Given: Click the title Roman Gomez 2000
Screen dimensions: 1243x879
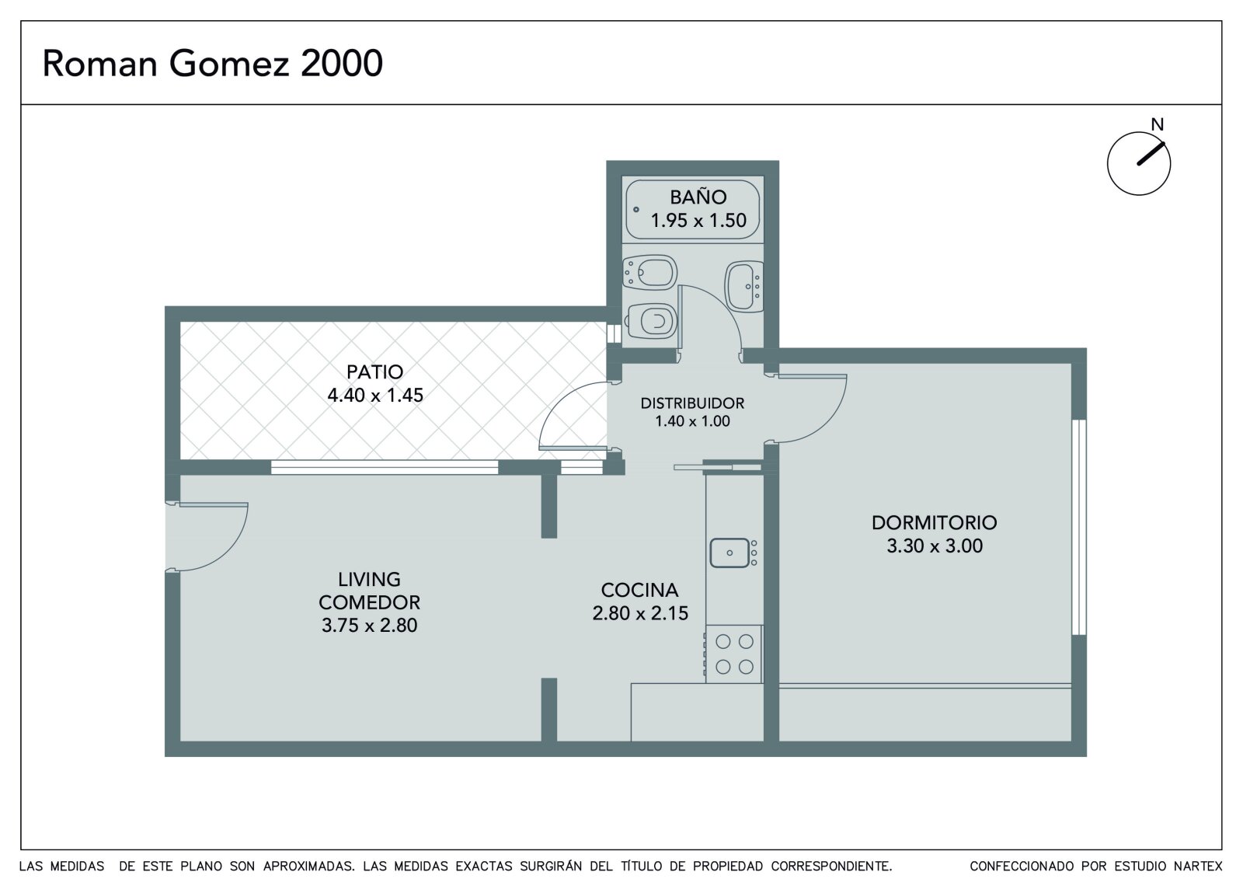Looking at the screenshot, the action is [213, 63].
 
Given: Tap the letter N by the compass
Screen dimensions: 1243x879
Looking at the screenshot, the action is [1157, 125].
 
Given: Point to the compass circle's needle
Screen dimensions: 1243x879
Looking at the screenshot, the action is [1151, 154].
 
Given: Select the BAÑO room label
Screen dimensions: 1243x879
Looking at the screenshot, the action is [698, 197].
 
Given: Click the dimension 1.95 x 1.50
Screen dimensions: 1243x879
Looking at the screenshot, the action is [698, 221].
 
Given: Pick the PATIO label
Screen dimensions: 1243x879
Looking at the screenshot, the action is [375, 371].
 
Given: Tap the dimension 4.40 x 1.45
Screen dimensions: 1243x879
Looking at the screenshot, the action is [375, 396].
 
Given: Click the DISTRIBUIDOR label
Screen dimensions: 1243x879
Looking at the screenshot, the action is [692, 403].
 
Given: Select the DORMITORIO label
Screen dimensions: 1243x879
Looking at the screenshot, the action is [935, 522].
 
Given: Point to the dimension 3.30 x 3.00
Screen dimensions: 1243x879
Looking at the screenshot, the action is [935, 546].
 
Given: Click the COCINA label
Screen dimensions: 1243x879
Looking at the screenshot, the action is [640, 590].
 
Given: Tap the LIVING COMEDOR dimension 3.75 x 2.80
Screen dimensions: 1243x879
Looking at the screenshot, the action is [369, 625].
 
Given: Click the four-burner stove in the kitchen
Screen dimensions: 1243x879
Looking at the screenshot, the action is [734, 654].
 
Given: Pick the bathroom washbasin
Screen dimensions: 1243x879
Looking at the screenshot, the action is [745, 287].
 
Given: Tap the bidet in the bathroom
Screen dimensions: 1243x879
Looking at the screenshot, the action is [649, 272].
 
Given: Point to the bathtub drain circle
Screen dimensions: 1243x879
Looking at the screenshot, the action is [636, 209].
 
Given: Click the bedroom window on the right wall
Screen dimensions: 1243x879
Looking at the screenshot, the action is [1079, 527].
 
